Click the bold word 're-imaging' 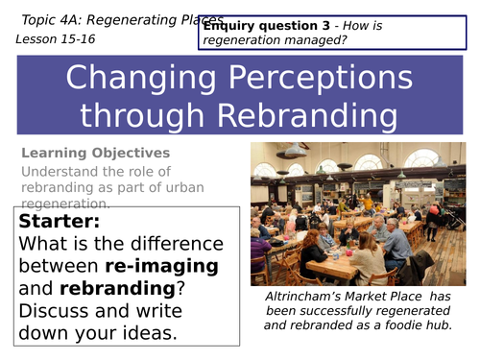pyautogui.click(x=159, y=265)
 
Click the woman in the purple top pyautogui.click(x=258, y=247)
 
